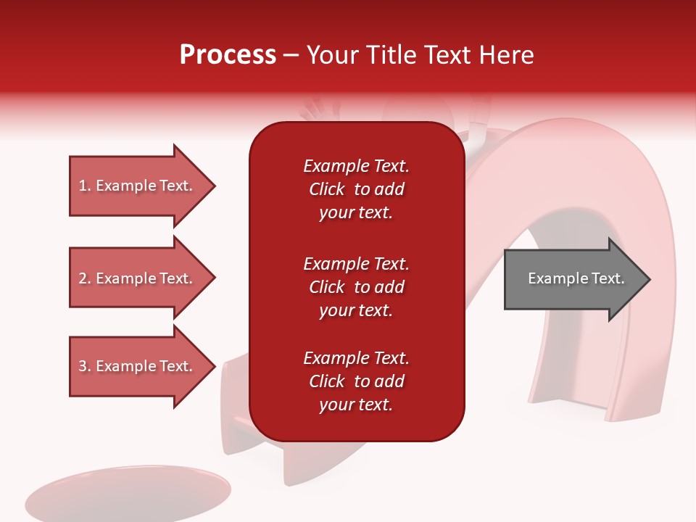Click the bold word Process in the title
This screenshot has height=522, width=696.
click(x=228, y=55)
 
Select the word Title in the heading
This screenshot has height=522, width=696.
click(x=391, y=55)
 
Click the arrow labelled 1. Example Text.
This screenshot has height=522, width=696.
click(x=142, y=186)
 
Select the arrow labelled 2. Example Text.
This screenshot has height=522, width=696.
click(x=142, y=278)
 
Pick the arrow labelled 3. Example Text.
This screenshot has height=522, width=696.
click(x=142, y=366)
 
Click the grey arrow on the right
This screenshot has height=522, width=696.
click(x=577, y=278)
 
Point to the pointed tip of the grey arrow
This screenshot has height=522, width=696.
click(x=650, y=279)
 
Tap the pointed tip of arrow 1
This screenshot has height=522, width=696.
click(x=215, y=186)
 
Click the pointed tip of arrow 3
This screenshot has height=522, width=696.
click(x=215, y=367)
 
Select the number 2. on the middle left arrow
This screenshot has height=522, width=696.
click(x=86, y=278)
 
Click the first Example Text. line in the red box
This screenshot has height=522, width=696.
click(x=356, y=166)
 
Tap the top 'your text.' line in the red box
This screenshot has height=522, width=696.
click(x=356, y=212)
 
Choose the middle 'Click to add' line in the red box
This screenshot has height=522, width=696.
click(x=357, y=287)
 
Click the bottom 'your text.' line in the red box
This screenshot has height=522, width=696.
click(x=356, y=405)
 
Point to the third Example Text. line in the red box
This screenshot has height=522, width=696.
click(x=356, y=357)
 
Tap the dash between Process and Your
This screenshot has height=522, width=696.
click(x=291, y=57)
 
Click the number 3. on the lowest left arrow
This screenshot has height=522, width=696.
click(x=86, y=366)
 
